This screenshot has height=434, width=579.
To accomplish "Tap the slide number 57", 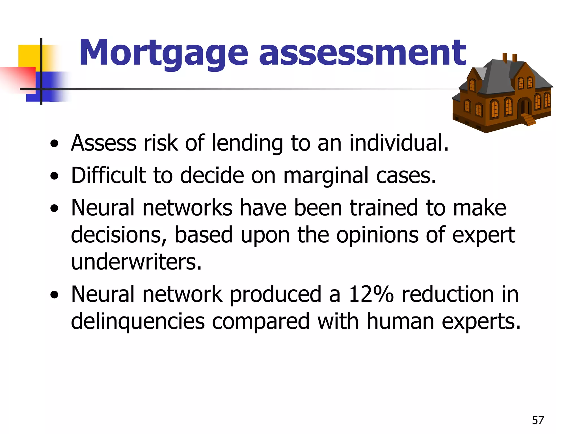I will pos(538,420).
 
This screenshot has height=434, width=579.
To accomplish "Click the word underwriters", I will pos(136,262).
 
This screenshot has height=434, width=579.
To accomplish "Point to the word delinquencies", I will pos(138,322).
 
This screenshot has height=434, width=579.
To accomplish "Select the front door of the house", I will pos(525,107).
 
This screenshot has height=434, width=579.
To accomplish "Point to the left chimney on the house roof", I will pos(505,58).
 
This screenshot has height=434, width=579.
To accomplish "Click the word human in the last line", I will pos(400,322).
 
